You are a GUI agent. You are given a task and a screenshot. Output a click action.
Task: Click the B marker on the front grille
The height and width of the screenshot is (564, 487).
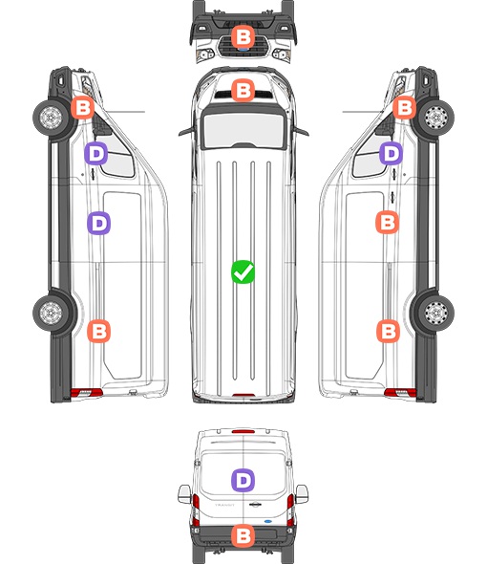(x=243, y=36)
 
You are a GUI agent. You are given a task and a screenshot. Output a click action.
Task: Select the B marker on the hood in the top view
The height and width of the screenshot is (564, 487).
(x=243, y=90)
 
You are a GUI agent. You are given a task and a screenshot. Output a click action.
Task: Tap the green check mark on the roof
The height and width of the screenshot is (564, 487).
(x=243, y=271)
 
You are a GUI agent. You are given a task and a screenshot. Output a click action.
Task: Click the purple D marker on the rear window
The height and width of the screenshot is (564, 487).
(x=243, y=480)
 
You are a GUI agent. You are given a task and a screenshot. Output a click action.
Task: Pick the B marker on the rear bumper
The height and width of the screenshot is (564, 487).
(x=243, y=536)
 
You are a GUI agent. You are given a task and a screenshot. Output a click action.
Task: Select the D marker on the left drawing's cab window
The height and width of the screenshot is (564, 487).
(x=95, y=154)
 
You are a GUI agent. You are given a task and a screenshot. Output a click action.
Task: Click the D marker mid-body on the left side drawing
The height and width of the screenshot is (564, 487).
(x=99, y=223)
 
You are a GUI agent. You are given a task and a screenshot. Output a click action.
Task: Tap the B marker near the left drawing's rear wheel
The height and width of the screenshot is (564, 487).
(x=99, y=331)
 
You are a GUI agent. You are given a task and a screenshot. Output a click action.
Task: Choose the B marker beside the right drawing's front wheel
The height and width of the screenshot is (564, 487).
(x=404, y=108)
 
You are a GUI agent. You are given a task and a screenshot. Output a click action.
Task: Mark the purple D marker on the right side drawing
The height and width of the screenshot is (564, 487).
(x=392, y=154)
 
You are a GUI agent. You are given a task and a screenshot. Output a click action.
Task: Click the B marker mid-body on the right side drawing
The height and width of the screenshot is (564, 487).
(x=387, y=223)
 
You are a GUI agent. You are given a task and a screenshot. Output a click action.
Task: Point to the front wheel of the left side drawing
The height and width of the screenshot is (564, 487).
(x=51, y=118)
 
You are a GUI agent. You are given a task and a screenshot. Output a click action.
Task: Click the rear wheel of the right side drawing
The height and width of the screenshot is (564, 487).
(x=436, y=313)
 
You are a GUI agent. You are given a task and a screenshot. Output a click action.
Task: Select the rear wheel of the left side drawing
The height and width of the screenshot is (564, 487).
(x=51, y=313)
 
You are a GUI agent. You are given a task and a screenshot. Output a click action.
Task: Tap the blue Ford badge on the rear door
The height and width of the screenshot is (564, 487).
(x=268, y=521)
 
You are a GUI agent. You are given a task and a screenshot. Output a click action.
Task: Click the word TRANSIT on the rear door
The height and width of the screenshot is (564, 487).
(x=224, y=505)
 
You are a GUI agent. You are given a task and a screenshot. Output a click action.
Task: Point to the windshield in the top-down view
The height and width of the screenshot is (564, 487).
(x=243, y=130)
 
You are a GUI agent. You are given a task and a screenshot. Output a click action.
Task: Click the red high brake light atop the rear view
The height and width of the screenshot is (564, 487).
(x=243, y=431)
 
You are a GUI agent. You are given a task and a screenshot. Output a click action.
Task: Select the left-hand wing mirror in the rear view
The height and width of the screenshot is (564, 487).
(x=184, y=494)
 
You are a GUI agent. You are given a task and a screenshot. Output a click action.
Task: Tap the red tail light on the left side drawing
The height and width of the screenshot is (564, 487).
(x=86, y=393)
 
